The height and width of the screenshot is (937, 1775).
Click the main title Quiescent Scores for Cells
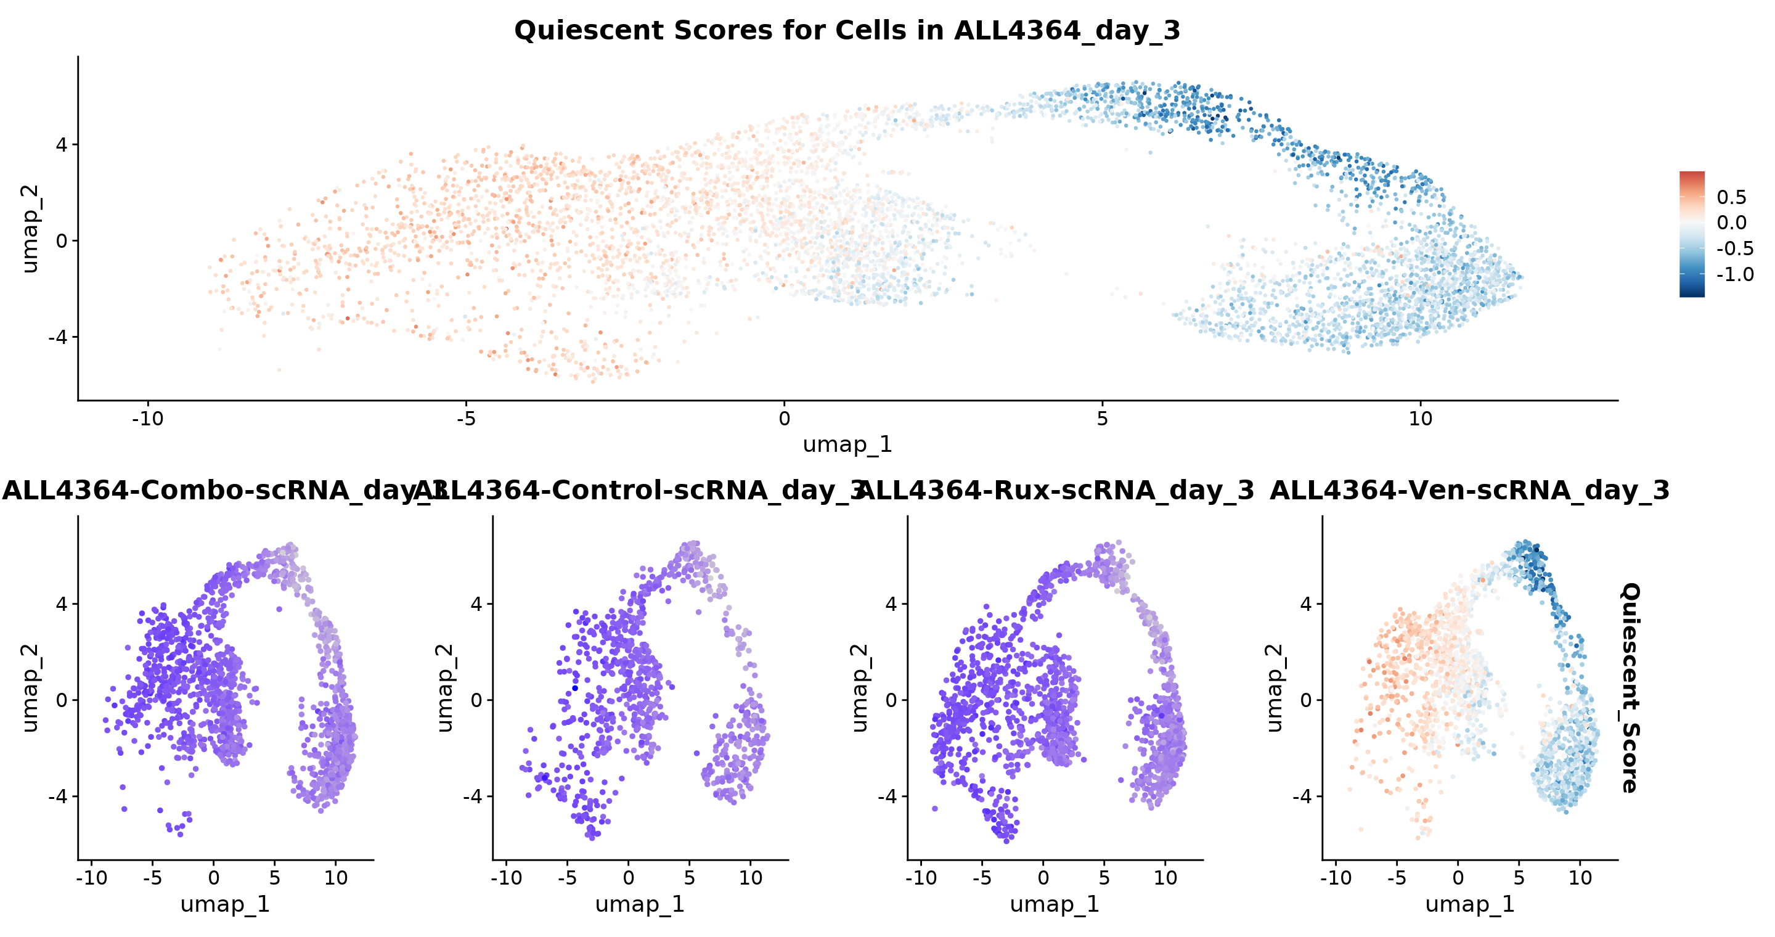tap(847, 30)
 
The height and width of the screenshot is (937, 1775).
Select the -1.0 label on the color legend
tap(1734, 274)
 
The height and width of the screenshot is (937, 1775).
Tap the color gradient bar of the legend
tap(1692, 234)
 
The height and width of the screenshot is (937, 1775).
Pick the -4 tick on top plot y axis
tap(58, 337)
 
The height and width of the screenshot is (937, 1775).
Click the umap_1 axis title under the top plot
tap(847, 444)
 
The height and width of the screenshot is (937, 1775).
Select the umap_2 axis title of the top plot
tap(30, 229)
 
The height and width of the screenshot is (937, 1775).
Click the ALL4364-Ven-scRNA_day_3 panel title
tap(1469, 491)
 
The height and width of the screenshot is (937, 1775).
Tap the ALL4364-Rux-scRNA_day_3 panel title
tap(1056, 491)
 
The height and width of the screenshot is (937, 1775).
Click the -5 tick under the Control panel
tap(567, 878)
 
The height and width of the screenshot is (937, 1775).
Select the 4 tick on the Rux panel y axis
tap(891, 604)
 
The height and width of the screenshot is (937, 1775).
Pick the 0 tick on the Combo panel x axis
tap(214, 878)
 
